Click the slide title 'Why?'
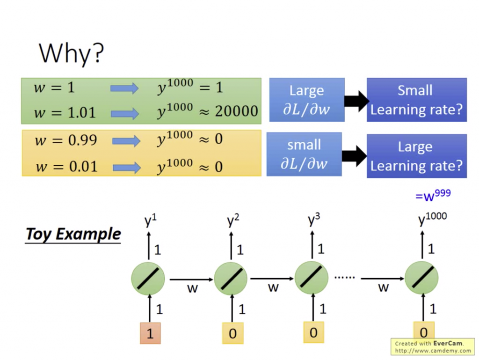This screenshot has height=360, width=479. [72, 53]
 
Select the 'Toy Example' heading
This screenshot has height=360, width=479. [73, 235]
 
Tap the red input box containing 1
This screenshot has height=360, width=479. [150, 333]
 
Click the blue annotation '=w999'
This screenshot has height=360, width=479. [433, 195]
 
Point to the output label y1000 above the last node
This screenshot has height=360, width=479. [432, 218]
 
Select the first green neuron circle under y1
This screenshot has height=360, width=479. [148, 279]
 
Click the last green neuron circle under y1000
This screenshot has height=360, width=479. [421, 278]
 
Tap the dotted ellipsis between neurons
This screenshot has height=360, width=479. [345, 278]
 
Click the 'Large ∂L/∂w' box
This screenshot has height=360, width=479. [307, 100]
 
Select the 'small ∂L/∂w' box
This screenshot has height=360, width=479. [304, 154]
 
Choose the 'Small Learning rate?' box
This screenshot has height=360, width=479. [417, 100]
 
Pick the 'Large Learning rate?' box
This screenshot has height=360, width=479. [417, 156]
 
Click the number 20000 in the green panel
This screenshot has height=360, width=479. [236, 111]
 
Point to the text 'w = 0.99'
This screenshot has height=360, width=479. [65, 140]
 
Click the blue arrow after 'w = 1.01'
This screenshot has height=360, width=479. [124, 114]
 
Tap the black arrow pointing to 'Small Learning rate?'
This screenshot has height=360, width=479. [356, 101]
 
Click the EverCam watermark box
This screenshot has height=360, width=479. [433, 346]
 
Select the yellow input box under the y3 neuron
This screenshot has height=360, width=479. [314, 332]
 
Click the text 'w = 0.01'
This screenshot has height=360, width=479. [66, 167]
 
